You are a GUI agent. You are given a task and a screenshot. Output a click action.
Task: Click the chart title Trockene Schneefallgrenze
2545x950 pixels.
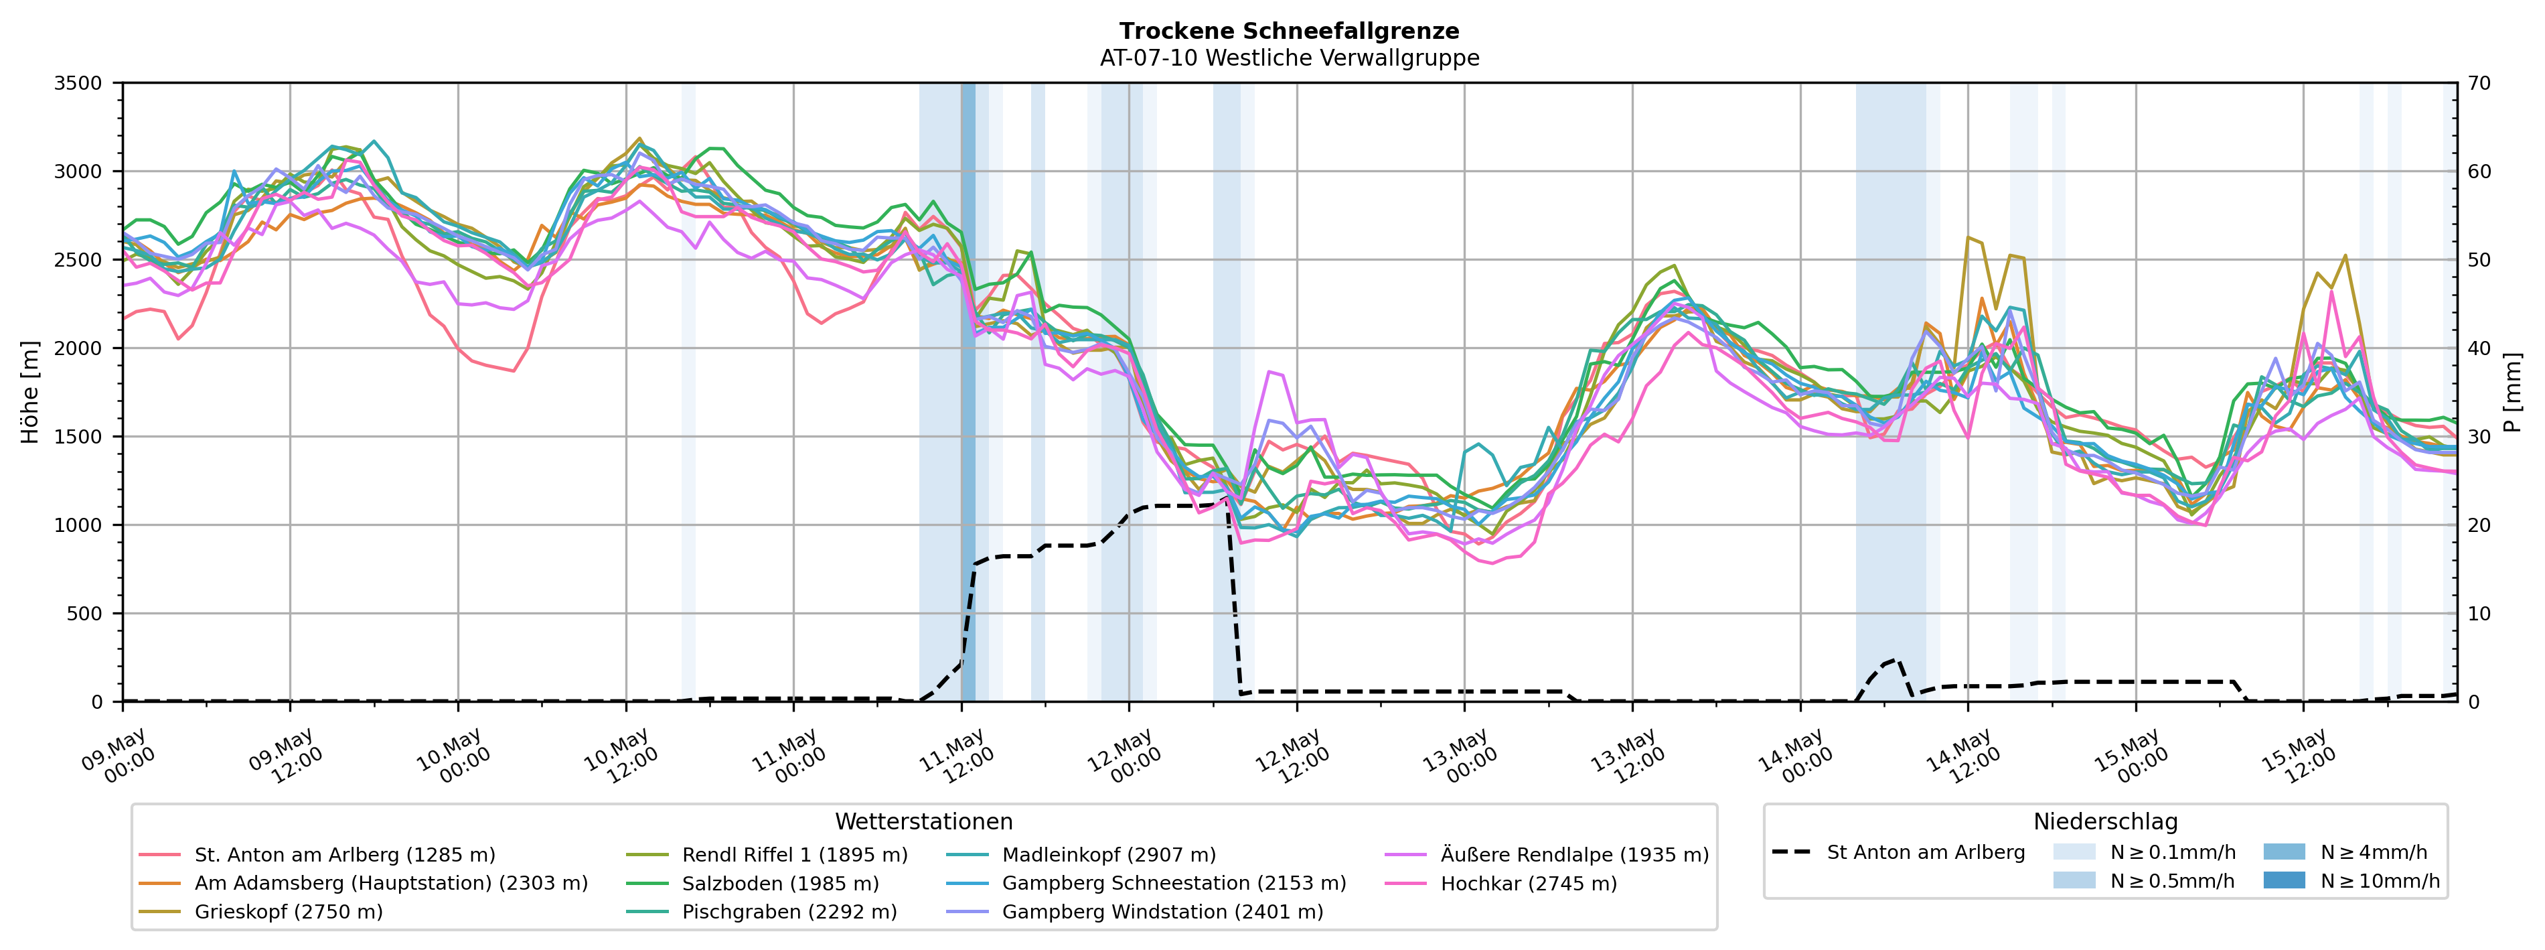pos(1290,31)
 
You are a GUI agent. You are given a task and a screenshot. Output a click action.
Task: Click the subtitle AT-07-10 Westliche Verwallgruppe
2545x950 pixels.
pos(1290,58)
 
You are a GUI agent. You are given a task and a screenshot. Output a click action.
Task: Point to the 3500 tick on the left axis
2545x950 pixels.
pos(78,83)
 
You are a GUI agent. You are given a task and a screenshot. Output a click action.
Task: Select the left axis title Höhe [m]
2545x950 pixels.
pos(31,393)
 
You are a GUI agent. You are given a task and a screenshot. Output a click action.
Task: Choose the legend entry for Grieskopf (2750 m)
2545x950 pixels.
pos(262,911)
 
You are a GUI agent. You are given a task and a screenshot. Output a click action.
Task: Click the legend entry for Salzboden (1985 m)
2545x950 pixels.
pos(753,883)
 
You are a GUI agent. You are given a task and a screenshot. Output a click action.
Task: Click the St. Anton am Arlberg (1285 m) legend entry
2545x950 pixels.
pos(318,854)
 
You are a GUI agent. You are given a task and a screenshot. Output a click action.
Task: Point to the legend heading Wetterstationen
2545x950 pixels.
pos(924,821)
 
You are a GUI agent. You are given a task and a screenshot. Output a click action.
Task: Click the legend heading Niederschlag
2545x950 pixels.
pos(2105,821)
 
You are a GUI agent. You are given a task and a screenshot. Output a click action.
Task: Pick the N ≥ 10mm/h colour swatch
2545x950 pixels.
pos(2284,880)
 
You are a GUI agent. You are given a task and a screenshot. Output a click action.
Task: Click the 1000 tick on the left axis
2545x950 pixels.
pos(78,525)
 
